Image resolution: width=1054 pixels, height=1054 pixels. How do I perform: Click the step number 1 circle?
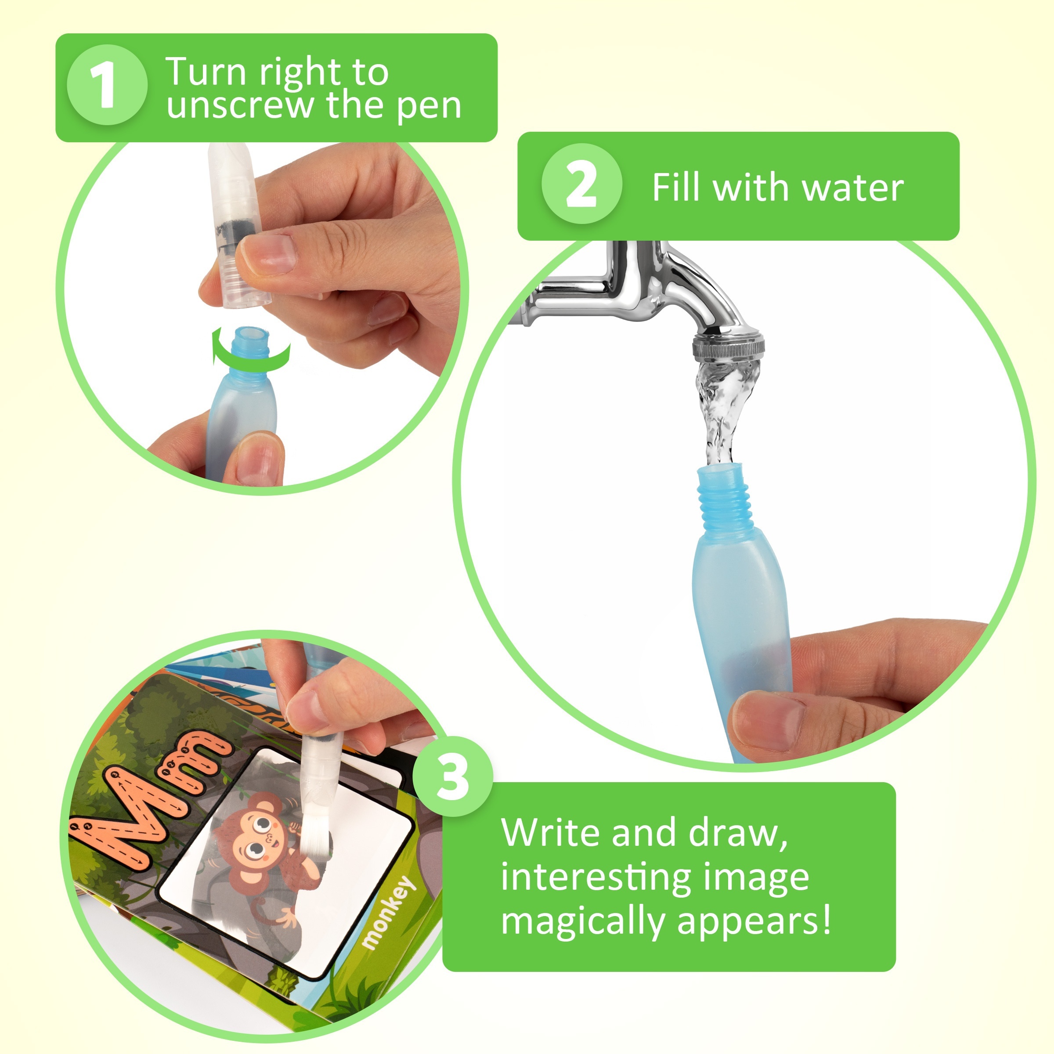107,85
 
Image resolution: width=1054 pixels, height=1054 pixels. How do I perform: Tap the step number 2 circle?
581,184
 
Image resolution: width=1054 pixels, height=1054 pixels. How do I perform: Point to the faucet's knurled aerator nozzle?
728,347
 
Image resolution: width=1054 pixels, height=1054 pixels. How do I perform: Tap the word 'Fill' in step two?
675,187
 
